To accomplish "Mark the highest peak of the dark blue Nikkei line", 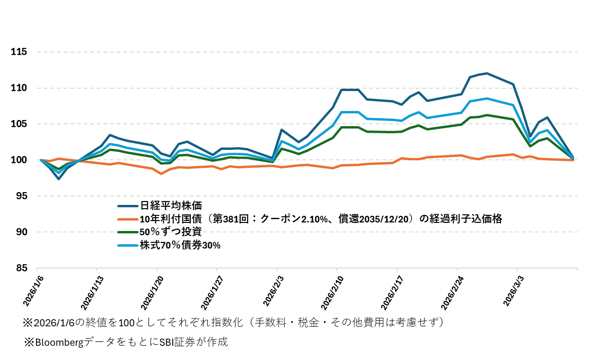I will click(x=487, y=73).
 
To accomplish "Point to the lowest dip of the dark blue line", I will click(x=58, y=179).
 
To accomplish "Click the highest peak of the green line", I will click(x=487, y=115).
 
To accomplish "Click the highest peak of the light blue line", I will click(x=487, y=98).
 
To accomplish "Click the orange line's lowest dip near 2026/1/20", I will click(x=161, y=174).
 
